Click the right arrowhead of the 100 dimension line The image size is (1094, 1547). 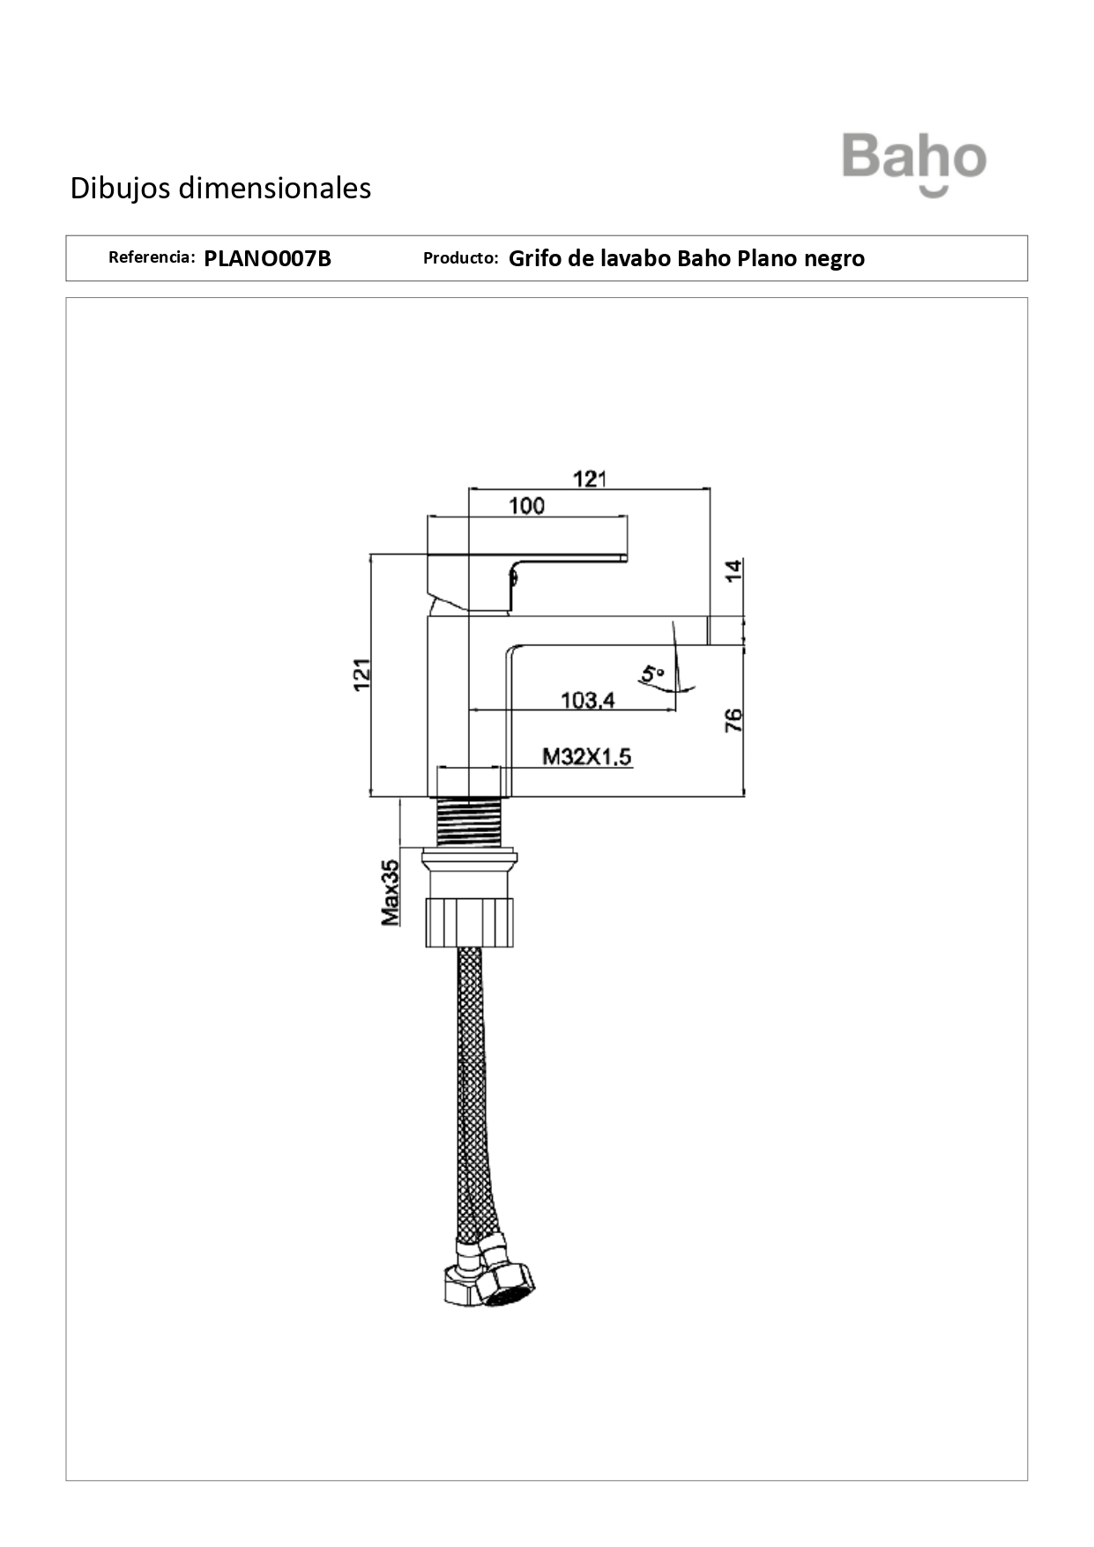(x=624, y=516)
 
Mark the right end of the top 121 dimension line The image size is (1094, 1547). (x=711, y=487)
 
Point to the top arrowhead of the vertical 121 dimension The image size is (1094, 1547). (x=372, y=559)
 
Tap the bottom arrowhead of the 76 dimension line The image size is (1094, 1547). (x=744, y=791)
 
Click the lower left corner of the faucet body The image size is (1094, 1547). (x=428, y=796)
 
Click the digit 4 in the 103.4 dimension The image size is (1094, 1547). (x=607, y=701)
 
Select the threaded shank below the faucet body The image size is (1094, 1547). (x=470, y=822)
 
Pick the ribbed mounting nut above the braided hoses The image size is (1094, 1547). (x=470, y=922)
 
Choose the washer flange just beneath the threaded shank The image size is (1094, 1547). (x=470, y=857)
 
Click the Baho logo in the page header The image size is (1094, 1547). (x=914, y=164)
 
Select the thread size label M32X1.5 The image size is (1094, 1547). (x=586, y=756)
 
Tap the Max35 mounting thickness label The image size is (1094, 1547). (x=390, y=892)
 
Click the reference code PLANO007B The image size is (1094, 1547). (x=268, y=258)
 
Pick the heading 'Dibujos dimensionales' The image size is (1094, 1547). (x=220, y=188)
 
